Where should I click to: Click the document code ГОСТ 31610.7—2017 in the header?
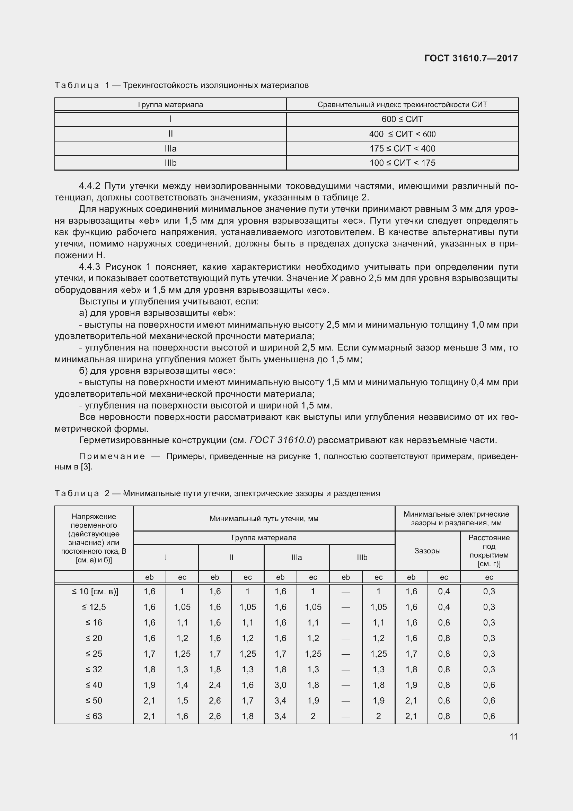point(471,58)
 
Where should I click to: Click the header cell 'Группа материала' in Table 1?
point(170,105)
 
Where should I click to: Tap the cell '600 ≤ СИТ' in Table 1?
point(402,119)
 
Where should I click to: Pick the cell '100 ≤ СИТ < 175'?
point(402,163)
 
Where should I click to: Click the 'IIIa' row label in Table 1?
point(170,149)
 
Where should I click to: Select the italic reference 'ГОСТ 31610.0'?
point(281,440)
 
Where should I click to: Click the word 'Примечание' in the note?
point(112,456)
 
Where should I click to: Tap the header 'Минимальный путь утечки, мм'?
point(264,518)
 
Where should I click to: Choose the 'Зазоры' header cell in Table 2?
point(427,551)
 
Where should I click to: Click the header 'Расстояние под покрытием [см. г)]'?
point(489,551)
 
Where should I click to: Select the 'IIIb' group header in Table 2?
point(362,558)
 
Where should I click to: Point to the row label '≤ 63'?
point(94,716)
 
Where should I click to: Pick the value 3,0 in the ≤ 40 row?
point(280,685)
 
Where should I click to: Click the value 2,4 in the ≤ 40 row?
point(214,685)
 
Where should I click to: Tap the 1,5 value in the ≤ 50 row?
point(182,700)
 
